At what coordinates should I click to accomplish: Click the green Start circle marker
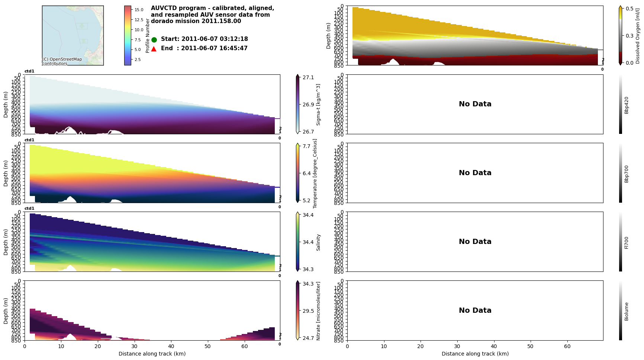154,39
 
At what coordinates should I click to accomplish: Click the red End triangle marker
154,49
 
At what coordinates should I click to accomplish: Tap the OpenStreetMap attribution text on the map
62,61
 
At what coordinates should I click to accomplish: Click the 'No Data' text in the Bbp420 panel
475,104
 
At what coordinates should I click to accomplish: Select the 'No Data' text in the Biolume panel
475,311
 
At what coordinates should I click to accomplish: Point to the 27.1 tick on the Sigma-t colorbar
308,77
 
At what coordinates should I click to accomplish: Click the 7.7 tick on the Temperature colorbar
306,146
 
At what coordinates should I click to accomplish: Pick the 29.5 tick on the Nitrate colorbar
308,311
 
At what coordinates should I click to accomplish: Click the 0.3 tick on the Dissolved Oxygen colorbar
629,36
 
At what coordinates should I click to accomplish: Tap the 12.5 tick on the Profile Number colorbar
139,20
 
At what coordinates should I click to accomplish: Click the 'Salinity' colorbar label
318,242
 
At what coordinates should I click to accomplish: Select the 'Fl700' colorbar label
627,242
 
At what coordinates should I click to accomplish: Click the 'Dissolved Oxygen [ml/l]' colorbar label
638,36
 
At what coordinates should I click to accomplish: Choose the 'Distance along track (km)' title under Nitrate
152,354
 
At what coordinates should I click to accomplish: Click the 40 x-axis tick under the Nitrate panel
171,346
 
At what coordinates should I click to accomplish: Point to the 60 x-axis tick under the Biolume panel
567,346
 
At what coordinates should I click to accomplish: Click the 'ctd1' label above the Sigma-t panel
29,71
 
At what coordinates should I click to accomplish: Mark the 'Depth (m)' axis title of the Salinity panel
6,242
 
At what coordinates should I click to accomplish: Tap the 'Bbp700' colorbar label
627,174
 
